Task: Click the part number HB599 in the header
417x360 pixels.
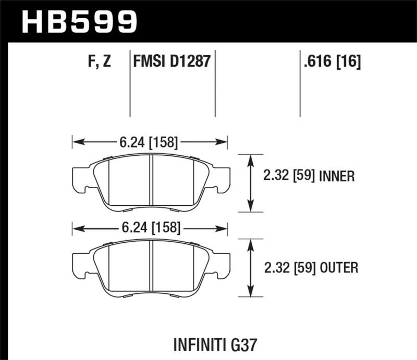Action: coord(79,21)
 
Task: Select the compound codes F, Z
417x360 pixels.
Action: coord(99,62)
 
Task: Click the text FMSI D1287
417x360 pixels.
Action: coord(172,62)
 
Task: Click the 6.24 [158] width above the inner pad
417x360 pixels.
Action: coord(150,141)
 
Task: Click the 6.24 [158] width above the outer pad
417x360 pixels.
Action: coord(150,228)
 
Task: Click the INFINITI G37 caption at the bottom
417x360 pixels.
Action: coord(217,344)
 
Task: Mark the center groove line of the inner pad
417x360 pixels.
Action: coord(151,182)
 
